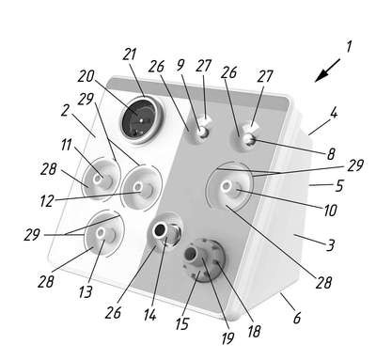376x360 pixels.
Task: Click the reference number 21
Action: pos(130,55)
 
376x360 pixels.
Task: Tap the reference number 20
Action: pos(86,76)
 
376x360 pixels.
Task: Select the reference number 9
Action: pos(180,65)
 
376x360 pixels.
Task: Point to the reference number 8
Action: pos(331,154)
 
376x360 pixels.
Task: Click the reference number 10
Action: pos(330,211)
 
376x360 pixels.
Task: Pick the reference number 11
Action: pos(66,145)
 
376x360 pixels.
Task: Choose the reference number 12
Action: pos(47,201)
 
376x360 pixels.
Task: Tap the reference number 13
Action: pos(86,292)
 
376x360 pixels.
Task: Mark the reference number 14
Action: pos(150,315)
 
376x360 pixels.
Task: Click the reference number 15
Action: pos(182,323)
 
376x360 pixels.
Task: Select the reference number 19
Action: pos(227,337)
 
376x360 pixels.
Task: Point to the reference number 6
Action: pos(297,318)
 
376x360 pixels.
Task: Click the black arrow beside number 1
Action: pos(327,70)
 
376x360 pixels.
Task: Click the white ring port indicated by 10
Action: pos(226,187)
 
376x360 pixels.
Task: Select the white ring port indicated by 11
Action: pos(98,179)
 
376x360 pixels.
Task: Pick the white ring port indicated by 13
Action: pos(101,233)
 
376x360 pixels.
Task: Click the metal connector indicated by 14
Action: pos(165,232)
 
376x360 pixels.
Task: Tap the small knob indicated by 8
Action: pos(249,139)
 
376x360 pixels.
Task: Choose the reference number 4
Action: pos(334,114)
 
